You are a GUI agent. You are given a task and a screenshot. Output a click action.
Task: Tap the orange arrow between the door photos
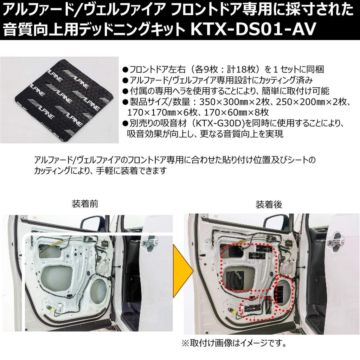pos(183,271)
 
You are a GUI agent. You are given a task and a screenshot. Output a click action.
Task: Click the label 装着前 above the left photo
pos(85,204)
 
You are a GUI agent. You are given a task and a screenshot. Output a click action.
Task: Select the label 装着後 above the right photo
pos(269,204)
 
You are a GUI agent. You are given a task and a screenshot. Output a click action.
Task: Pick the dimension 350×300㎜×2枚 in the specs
pos(236,102)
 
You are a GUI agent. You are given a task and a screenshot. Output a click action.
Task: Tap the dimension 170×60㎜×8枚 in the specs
pos(236,112)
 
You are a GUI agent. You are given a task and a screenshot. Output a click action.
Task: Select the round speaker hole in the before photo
pos(99,291)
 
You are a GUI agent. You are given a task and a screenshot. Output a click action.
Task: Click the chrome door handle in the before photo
pos(149,242)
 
